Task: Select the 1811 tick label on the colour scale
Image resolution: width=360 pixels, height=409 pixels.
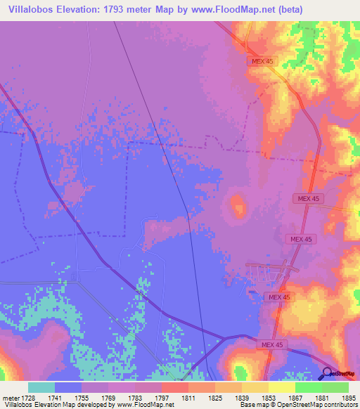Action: pyautogui.click(x=188, y=397)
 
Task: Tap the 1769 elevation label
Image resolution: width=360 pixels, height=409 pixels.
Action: pyautogui.click(x=108, y=397)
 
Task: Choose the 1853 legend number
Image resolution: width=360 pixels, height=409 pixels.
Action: pyautogui.click(x=267, y=397)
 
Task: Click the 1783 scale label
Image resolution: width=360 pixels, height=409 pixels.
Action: pyautogui.click(x=135, y=397)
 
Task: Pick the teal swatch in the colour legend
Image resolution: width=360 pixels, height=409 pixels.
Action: pyautogui.click(x=41, y=387)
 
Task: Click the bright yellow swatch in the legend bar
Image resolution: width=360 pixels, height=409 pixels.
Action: pyautogui.click(x=281, y=387)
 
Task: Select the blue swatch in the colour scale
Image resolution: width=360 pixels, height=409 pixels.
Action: pyautogui.click(x=68, y=387)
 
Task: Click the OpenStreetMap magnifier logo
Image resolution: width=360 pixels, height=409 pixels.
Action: pyautogui.click(x=328, y=373)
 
